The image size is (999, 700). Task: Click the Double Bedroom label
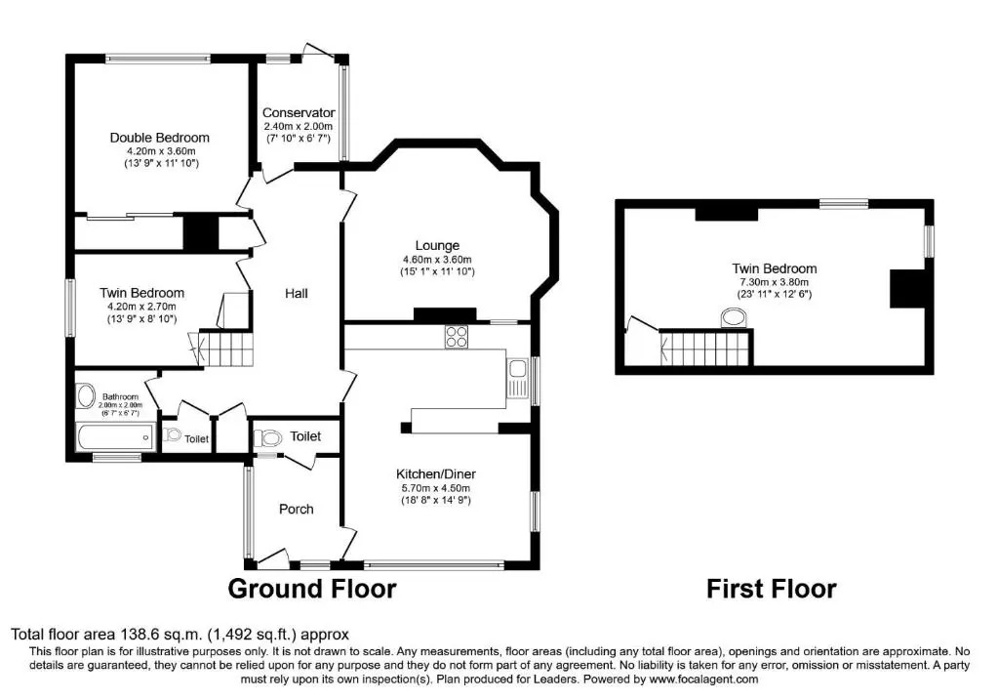pyautogui.click(x=159, y=138)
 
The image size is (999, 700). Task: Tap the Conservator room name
pyautogui.click(x=299, y=113)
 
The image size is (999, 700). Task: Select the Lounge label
pyautogui.click(x=437, y=245)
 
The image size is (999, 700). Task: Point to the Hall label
pyautogui.click(x=297, y=293)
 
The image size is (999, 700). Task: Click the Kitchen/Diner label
pyautogui.click(x=436, y=474)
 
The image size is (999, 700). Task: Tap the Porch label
pyautogui.click(x=297, y=510)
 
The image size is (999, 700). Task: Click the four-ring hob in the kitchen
pyautogui.click(x=457, y=337)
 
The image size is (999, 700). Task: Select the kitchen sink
pyautogui.click(x=517, y=378)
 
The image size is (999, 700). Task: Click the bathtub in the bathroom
pyautogui.click(x=115, y=437)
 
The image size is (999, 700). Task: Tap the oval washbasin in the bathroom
pyautogui.click(x=86, y=396)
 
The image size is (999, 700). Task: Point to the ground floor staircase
pyautogui.click(x=226, y=349)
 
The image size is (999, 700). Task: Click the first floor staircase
pyautogui.click(x=706, y=348)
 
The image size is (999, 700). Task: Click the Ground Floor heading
pyautogui.click(x=312, y=589)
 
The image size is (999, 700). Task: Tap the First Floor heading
pyautogui.click(x=772, y=589)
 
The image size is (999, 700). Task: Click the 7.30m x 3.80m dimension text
pyautogui.click(x=774, y=282)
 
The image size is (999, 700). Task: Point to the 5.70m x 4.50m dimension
pyautogui.click(x=436, y=488)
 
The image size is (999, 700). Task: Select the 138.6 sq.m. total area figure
pyautogui.click(x=161, y=635)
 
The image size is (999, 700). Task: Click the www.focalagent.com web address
pyautogui.click(x=703, y=679)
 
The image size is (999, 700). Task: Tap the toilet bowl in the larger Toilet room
pyautogui.click(x=268, y=438)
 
